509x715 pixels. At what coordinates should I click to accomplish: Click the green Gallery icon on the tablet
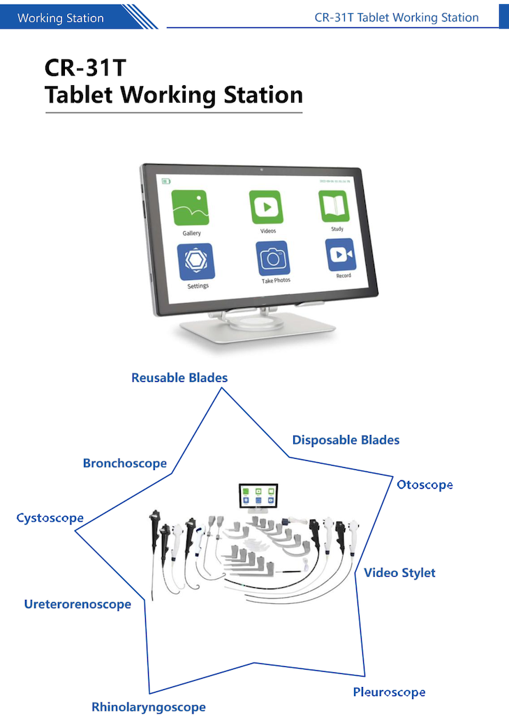tap(191, 207)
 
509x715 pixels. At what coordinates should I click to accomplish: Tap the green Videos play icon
tap(266, 207)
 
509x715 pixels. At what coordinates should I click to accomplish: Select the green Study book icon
tap(334, 206)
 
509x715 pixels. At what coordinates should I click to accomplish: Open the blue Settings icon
tap(196, 261)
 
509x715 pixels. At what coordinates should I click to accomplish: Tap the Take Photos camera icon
tap(272, 258)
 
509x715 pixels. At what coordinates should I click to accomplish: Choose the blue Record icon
tap(341, 255)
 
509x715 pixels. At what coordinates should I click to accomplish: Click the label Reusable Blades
tap(179, 378)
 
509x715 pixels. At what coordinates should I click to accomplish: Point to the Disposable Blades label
tap(346, 440)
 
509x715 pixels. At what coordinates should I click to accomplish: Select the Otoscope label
tap(425, 485)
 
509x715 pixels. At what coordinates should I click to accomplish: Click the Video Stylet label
tap(399, 573)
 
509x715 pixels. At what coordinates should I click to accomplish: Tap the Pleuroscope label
tap(389, 692)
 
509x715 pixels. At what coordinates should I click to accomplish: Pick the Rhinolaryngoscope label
tap(149, 707)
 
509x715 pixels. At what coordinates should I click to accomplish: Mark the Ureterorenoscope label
tap(78, 604)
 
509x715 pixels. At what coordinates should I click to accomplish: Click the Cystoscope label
tap(50, 518)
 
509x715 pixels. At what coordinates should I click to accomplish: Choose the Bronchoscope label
tap(125, 463)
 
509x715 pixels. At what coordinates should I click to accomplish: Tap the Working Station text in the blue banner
tap(60, 18)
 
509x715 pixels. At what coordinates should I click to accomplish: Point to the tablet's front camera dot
tap(260, 170)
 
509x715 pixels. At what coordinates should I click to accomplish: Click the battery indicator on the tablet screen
tap(166, 182)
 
